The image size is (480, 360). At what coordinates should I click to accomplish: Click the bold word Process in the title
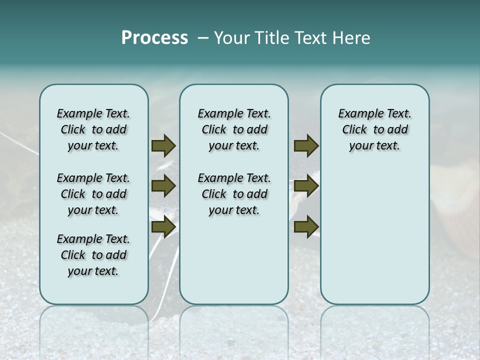click(154, 37)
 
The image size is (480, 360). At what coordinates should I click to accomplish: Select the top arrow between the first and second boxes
click(163, 146)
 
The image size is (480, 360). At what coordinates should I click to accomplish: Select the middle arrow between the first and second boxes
click(163, 186)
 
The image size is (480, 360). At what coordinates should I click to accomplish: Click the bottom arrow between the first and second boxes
click(163, 226)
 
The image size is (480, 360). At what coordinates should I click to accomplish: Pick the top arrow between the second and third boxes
click(306, 146)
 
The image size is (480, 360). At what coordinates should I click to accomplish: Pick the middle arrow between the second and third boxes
click(306, 186)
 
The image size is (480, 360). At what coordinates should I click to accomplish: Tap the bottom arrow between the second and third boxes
click(306, 226)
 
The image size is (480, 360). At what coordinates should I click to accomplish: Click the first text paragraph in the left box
click(93, 129)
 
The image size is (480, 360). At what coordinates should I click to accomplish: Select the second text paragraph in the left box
click(93, 194)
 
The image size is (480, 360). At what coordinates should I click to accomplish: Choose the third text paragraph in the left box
click(93, 255)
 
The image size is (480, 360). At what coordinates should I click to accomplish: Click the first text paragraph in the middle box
click(234, 129)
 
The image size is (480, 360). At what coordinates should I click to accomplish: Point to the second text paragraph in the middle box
click(234, 194)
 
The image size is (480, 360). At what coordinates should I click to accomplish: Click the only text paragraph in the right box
click(374, 129)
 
